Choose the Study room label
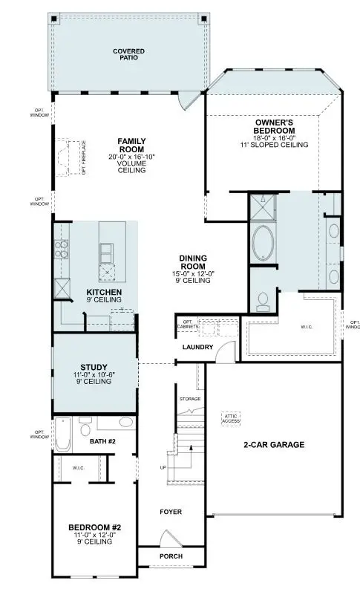click(94, 367)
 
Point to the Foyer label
click(171, 512)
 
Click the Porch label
click(171, 556)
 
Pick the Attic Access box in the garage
click(231, 418)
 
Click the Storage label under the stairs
click(190, 399)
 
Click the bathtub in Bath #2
click(63, 435)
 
